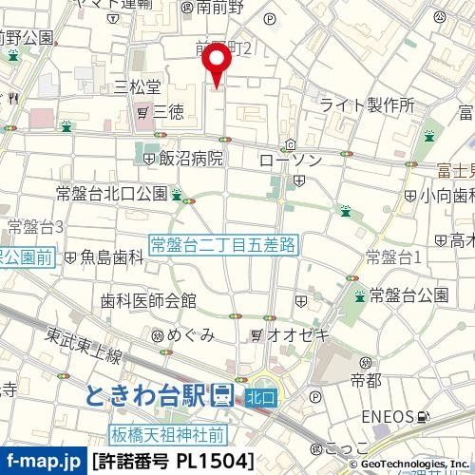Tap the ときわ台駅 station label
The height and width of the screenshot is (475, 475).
[150, 394]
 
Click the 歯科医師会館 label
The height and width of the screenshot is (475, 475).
[148, 301]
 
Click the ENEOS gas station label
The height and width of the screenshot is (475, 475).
[388, 416]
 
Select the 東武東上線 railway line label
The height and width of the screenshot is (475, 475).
[86, 342]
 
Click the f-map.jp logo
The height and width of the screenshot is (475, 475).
[43, 460]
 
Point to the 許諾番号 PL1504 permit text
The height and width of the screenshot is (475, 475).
[173, 461]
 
